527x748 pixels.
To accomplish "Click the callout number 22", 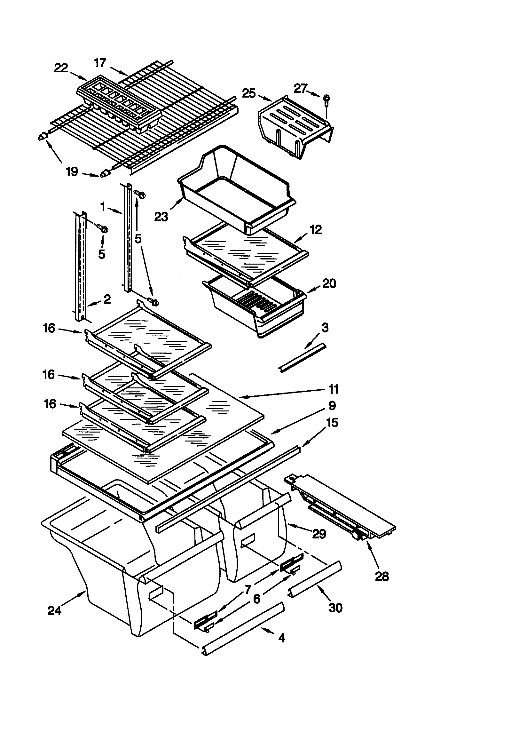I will pos(61,68).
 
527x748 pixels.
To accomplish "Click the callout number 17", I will pos(100,63).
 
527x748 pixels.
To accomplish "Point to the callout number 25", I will pos(249,93).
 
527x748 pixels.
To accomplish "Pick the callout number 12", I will pos(316,230).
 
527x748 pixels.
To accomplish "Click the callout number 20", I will pos(329,283).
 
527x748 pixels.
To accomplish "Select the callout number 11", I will pos(334,389).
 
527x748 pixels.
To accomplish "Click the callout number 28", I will pos(382,576).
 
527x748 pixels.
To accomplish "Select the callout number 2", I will pos(107,299).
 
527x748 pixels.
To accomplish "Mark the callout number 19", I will pos(72,171).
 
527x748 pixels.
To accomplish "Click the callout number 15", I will pos(332,423).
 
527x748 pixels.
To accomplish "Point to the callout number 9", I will pos(332,406).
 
